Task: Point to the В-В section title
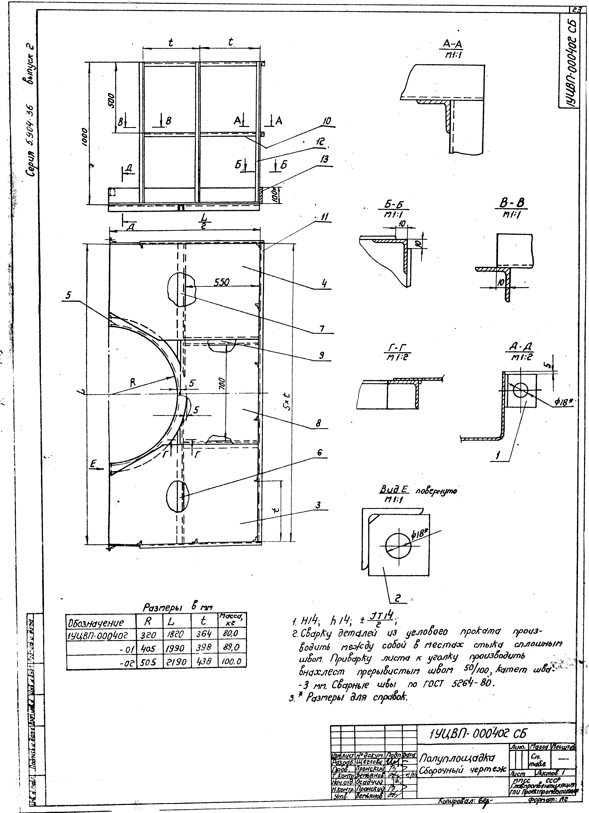(x=512, y=204)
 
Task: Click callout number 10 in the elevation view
(x=326, y=121)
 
